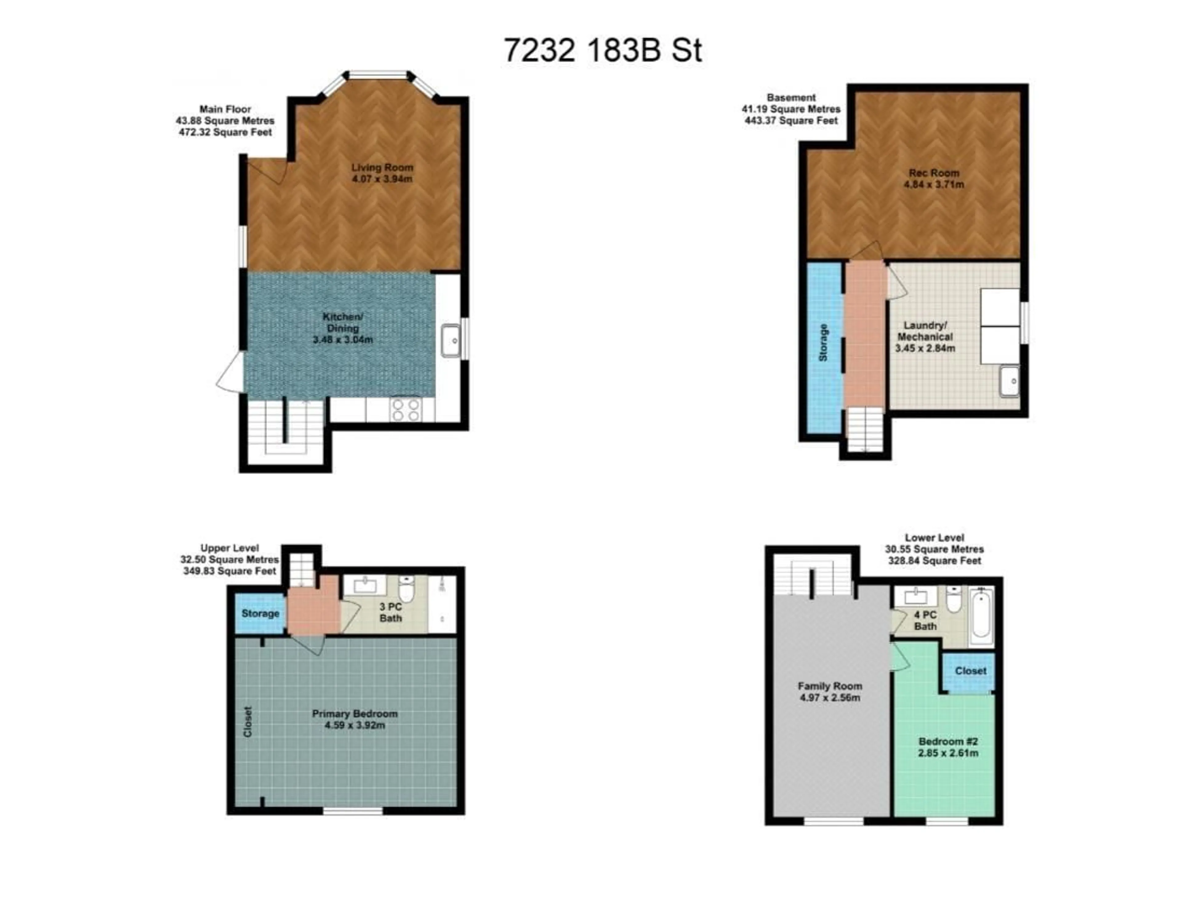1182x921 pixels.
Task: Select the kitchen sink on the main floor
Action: click(x=450, y=340)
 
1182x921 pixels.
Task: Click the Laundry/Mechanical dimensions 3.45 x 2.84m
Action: click(x=925, y=348)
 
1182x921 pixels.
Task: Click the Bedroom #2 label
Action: click(x=948, y=741)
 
